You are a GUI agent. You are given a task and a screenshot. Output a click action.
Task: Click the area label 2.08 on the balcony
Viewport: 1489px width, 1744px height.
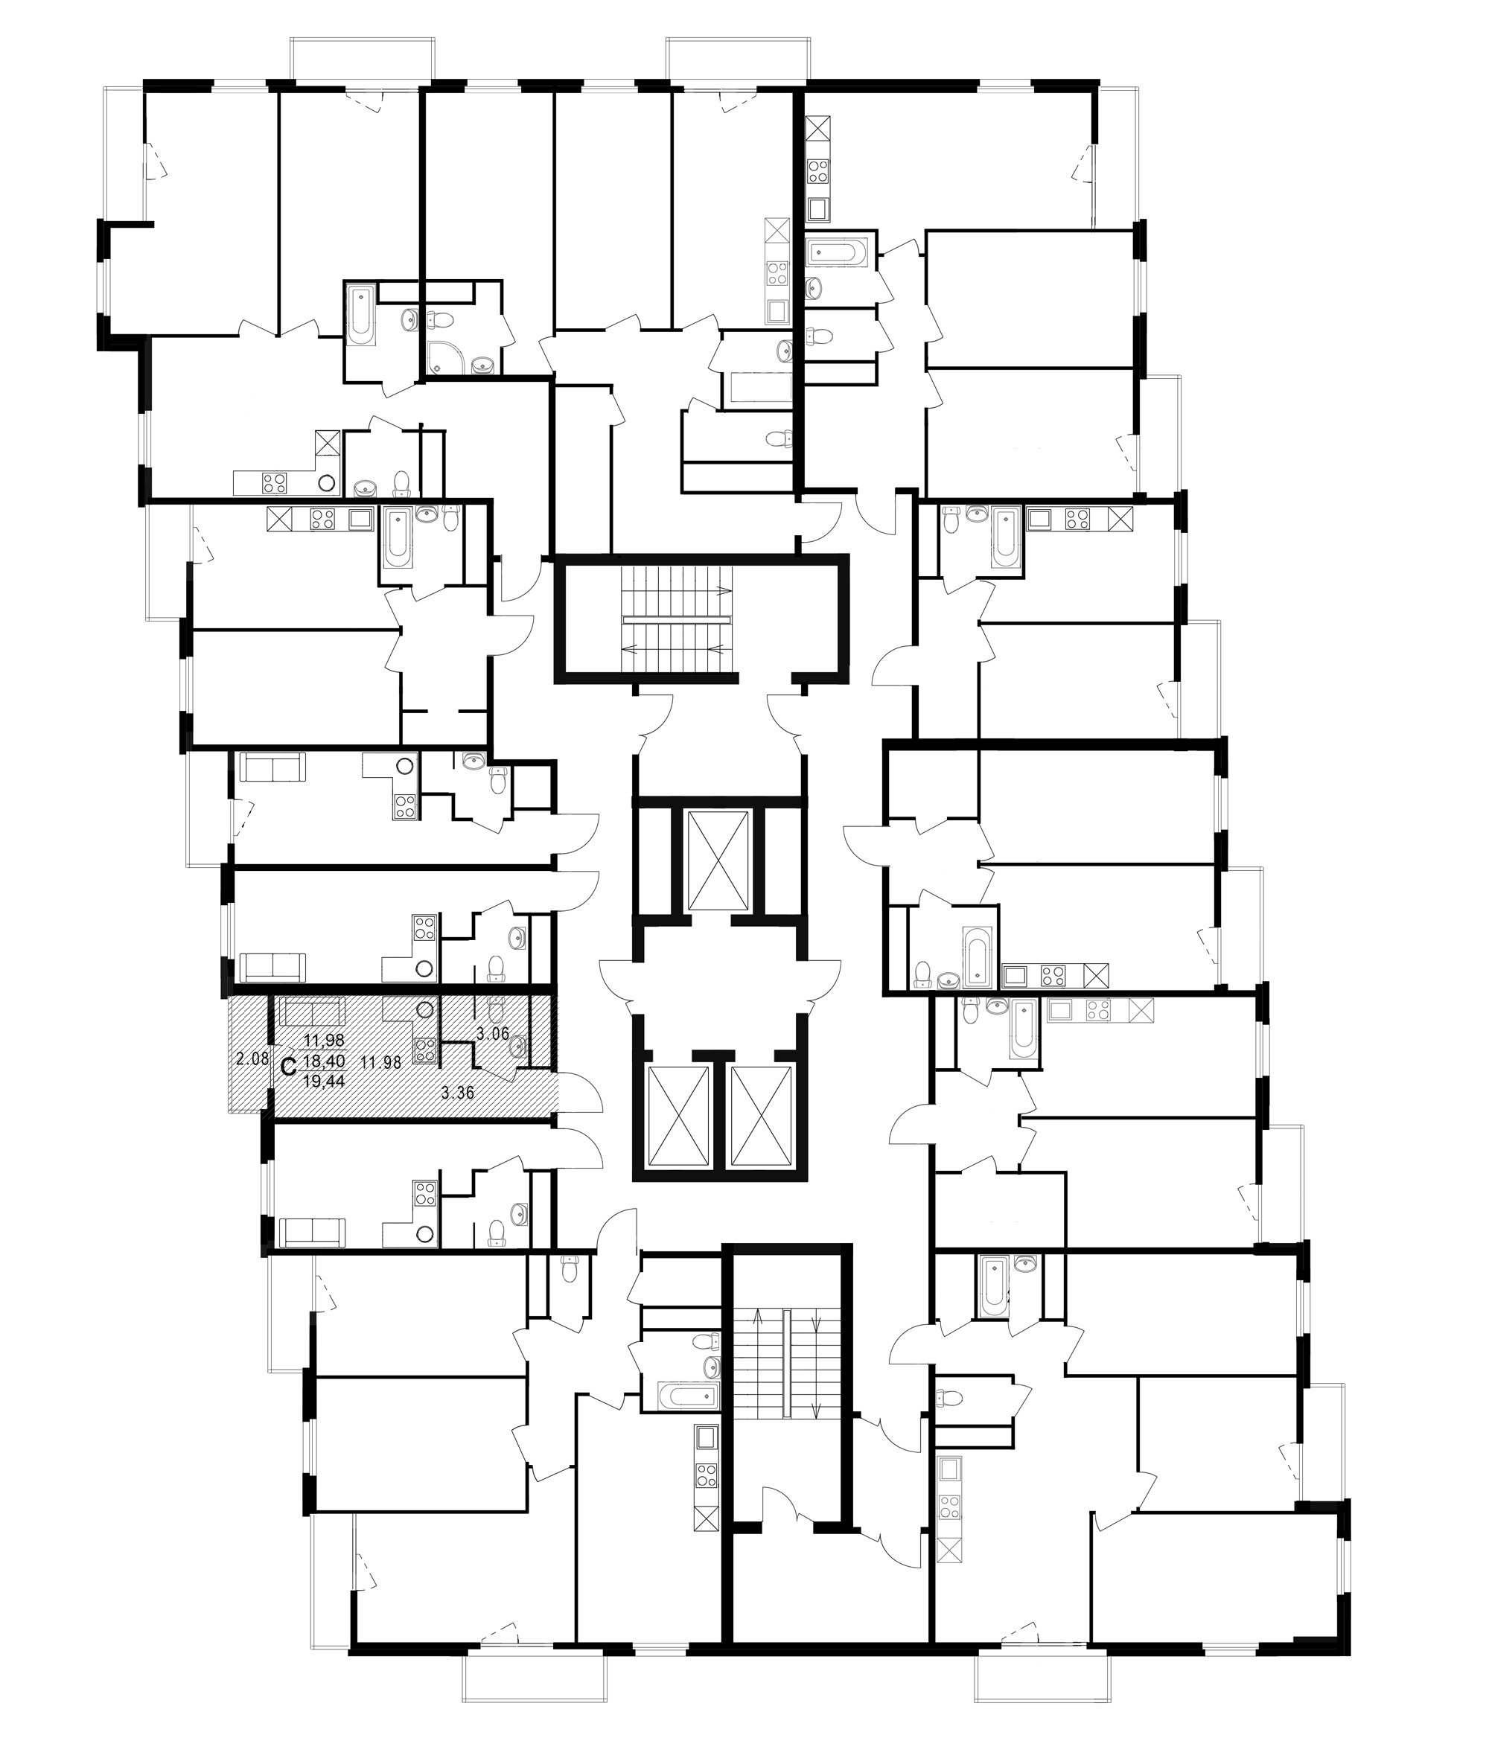(x=251, y=1059)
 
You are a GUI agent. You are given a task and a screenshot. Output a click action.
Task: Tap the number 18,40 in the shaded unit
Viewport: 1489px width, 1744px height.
(x=324, y=1064)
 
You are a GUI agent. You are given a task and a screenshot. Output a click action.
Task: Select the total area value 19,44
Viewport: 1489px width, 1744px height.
(x=324, y=1082)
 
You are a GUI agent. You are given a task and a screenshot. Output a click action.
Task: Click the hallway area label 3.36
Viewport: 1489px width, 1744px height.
(x=458, y=1093)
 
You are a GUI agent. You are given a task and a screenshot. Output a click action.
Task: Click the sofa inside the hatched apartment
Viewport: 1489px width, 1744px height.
(x=311, y=1011)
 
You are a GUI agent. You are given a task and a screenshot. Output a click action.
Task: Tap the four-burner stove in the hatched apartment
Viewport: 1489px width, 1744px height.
(x=424, y=1049)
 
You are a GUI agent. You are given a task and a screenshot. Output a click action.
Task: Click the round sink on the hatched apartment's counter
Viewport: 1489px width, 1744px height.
(x=425, y=1009)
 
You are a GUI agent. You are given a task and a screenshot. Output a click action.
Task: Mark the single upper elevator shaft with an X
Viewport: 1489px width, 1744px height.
(x=717, y=860)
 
